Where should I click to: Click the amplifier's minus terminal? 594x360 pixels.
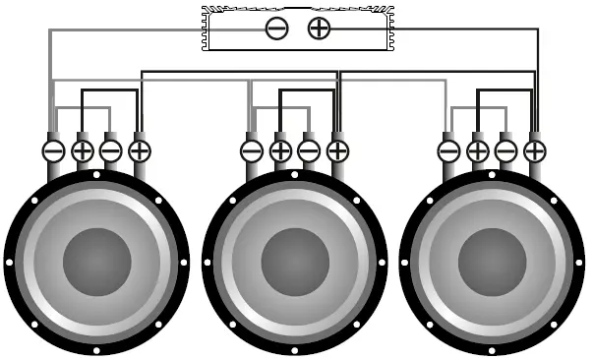point(277,28)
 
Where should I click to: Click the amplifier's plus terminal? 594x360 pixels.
point(319,28)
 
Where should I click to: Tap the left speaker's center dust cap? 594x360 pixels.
point(96,262)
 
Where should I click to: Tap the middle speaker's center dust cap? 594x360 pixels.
point(294,262)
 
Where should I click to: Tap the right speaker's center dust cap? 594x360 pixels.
point(492,262)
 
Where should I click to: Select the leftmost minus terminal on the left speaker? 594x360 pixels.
point(54,150)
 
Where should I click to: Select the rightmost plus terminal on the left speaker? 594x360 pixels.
point(140,150)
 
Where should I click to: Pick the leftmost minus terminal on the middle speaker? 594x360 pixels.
point(252,150)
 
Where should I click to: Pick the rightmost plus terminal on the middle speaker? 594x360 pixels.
point(337,150)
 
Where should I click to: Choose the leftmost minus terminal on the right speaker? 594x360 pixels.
point(449,150)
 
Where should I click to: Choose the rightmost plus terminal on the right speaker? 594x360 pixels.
point(535,150)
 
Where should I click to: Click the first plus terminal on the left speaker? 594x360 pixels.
point(83,150)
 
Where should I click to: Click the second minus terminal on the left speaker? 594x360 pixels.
point(111,150)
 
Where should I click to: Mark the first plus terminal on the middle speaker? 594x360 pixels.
point(280,150)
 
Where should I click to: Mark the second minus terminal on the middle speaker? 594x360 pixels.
point(309,150)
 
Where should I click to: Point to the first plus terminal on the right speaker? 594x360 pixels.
point(478,150)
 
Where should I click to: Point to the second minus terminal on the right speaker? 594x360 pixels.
point(506,150)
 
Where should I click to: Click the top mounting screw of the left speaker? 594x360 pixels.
point(96,174)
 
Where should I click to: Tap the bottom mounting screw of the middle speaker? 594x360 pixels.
point(294,349)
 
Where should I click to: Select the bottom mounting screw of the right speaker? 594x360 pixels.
point(492,349)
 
